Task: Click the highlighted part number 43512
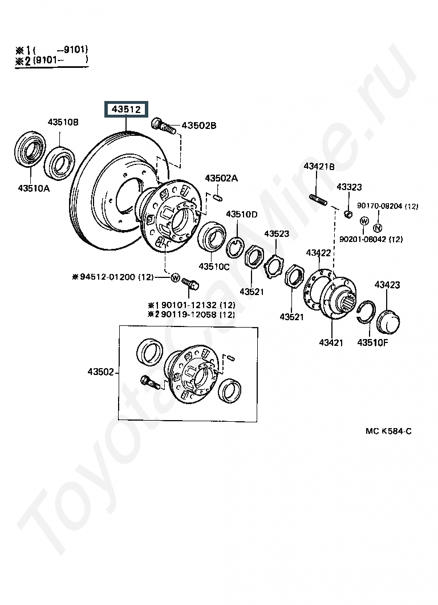(x=125, y=109)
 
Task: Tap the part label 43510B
(x=63, y=123)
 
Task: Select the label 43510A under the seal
(x=33, y=188)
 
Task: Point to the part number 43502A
(x=221, y=178)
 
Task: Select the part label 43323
(x=349, y=187)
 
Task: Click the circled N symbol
(x=378, y=227)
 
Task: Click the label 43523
(x=276, y=234)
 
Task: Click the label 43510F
(x=372, y=342)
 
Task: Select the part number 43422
(x=318, y=252)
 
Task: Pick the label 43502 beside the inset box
(x=101, y=372)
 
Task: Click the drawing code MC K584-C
(x=388, y=431)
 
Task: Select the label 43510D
(x=242, y=214)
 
